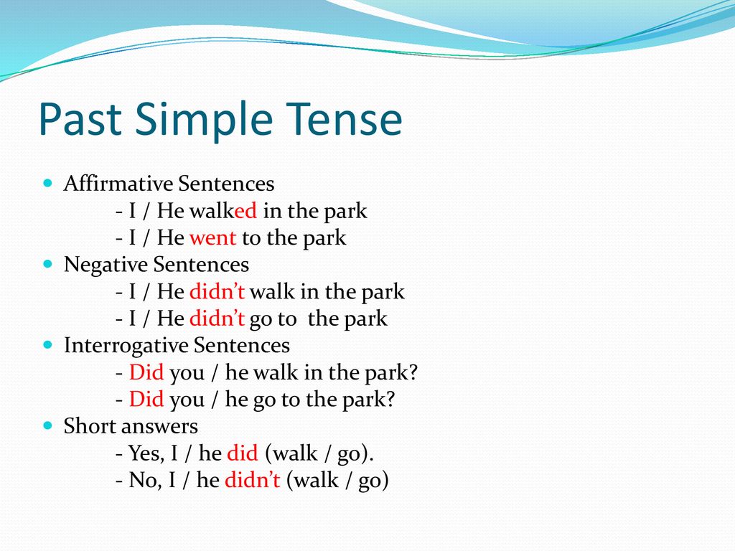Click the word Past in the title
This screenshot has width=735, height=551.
80,118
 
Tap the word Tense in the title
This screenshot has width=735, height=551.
345,118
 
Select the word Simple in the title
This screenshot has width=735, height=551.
204,121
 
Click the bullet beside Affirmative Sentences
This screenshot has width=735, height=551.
48,183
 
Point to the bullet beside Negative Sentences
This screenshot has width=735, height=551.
48,264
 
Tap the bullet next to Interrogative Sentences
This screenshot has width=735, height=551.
48,345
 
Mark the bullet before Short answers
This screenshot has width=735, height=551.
48,425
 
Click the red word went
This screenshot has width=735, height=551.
212,238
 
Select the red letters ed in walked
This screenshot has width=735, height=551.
245,211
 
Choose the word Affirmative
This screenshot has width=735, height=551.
118,183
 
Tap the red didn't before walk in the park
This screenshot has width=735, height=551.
217,291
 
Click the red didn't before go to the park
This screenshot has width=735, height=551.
217,319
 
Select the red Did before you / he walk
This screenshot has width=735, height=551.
146,372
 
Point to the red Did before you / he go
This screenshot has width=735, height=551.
146,399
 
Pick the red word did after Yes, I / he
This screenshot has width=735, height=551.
243,453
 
